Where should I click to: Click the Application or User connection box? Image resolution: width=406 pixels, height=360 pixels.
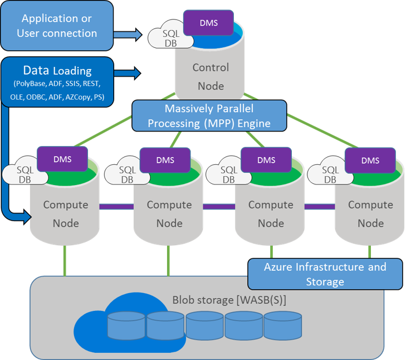[56, 26]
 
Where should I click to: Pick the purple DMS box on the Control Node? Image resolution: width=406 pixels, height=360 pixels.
[208, 23]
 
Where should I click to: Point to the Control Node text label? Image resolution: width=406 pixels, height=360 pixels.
[211, 76]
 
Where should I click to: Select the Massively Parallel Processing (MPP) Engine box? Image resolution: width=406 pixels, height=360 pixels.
[209, 115]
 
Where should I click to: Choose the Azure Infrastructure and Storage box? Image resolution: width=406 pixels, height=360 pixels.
[325, 274]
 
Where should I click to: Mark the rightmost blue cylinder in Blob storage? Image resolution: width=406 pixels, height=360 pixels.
[282, 326]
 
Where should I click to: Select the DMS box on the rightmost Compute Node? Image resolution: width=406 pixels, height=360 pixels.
[370, 160]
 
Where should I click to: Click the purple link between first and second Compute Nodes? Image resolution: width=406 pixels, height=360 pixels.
[116, 206]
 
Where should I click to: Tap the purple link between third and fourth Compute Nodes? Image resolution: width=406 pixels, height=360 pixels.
[319, 206]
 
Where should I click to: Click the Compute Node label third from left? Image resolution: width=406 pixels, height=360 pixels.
[270, 213]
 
